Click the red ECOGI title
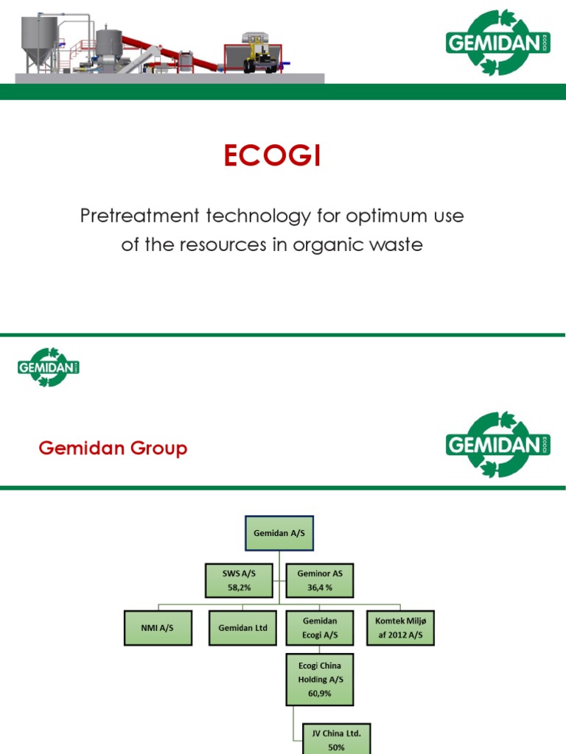pos(273,157)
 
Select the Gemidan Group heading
pos(113,448)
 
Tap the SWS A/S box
pos(238,579)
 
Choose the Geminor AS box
pos(320,579)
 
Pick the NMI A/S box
pos(156,627)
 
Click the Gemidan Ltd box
pos(242,627)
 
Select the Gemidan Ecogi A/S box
pos(320,627)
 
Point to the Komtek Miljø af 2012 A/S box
pos(400,627)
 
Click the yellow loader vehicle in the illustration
pos(261,53)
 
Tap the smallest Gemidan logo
pos(48,367)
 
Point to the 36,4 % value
pos(320,588)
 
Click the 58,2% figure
pos(238,588)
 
